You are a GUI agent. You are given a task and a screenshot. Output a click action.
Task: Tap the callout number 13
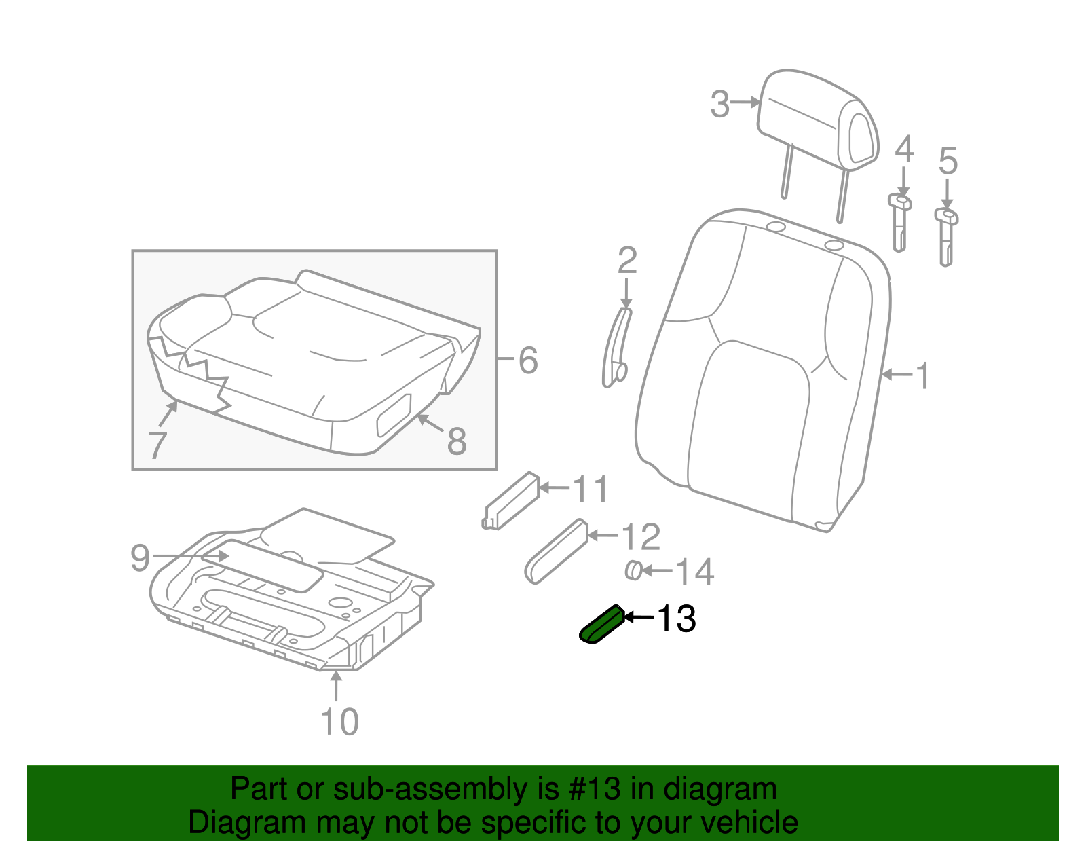(676, 619)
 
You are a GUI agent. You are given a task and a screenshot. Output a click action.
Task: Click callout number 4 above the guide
(903, 149)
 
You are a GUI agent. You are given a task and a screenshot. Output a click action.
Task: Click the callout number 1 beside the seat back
(922, 375)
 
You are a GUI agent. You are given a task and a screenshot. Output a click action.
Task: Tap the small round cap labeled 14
(633, 571)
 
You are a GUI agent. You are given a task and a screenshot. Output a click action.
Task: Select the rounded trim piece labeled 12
(557, 551)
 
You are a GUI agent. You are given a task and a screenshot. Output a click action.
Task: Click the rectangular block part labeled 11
(510, 500)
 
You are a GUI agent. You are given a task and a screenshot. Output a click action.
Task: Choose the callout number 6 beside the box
(528, 360)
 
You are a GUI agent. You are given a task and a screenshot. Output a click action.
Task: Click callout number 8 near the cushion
(456, 441)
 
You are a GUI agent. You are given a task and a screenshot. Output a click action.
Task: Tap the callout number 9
(140, 557)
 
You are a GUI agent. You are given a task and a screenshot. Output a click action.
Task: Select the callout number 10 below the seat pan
(339, 722)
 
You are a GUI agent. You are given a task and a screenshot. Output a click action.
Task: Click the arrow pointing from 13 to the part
(639, 617)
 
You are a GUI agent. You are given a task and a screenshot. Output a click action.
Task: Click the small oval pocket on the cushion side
(394, 415)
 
